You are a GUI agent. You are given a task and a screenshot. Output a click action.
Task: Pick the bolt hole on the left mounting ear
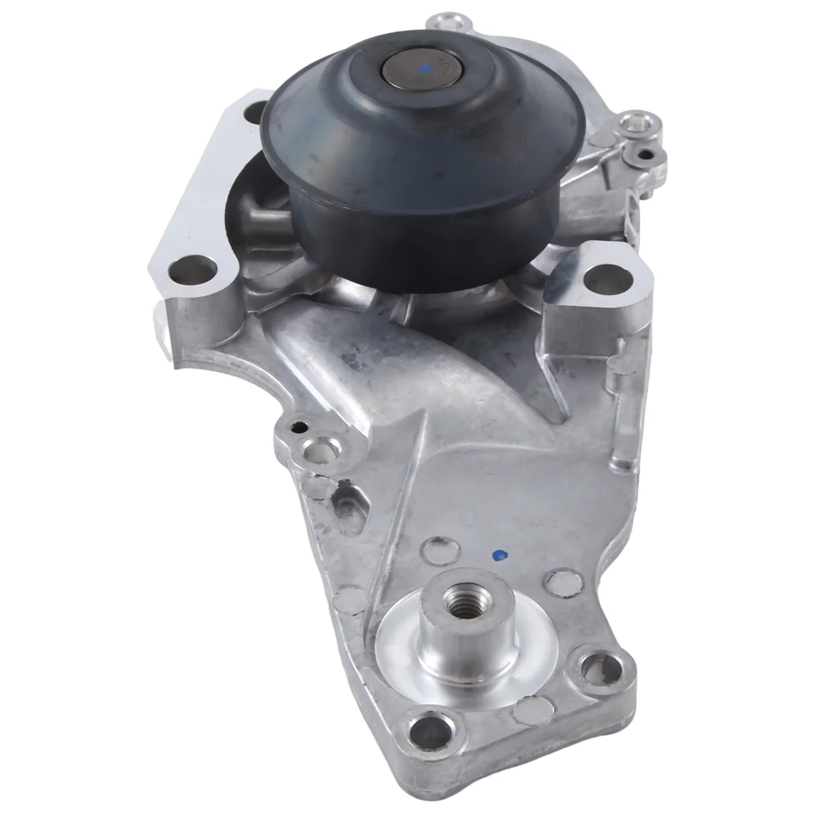click(x=192, y=272)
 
